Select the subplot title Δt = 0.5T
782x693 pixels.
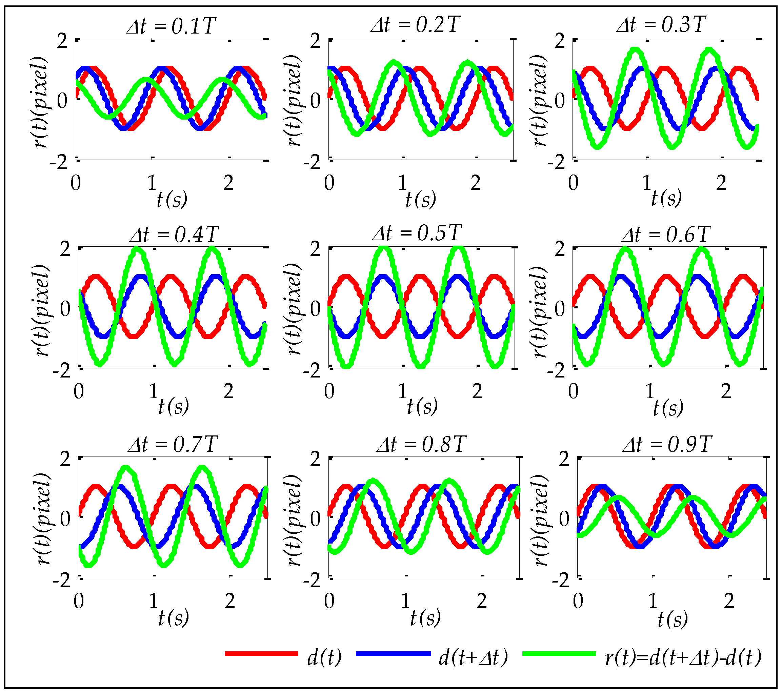(417, 232)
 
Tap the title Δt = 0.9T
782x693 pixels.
(667, 444)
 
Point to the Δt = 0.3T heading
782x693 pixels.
(661, 24)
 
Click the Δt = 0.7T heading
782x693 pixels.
(173, 444)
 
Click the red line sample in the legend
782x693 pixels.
(261, 654)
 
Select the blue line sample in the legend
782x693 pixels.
(393, 654)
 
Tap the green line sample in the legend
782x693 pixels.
(559, 654)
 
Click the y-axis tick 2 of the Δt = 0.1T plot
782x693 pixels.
(62, 41)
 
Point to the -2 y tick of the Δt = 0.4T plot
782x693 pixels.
(61, 370)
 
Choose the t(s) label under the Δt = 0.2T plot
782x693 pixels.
(420, 199)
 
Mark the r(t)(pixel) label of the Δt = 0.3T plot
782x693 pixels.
(539, 100)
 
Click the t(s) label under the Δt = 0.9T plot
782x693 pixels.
(672, 619)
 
